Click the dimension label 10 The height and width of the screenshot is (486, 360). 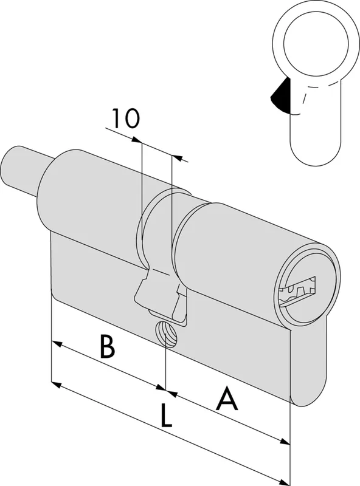126,118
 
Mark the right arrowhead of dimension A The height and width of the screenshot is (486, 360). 284,441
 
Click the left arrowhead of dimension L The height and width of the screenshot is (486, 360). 57,385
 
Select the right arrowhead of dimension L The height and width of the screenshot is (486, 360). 284,482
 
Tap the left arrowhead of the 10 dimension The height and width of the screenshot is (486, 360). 137,140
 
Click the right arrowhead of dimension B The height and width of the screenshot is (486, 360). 161,387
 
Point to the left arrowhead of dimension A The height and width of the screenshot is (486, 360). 171,393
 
